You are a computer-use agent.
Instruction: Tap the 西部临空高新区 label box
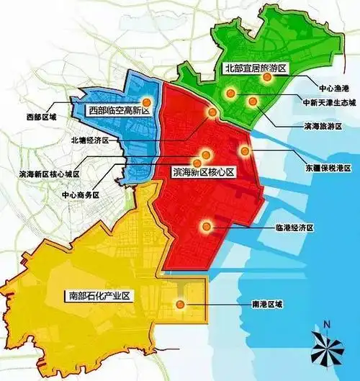(x=118, y=110)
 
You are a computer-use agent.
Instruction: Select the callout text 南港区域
(x=267, y=304)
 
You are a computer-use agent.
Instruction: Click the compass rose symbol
(x=327, y=351)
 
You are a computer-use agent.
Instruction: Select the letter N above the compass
(x=327, y=325)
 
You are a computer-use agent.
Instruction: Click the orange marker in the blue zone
(x=147, y=102)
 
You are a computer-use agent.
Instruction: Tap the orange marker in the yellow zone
(x=181, y=305)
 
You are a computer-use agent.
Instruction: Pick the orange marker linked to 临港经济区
(x=207, y=228)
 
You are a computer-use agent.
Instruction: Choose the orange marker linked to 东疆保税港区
(x=245, y=151)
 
